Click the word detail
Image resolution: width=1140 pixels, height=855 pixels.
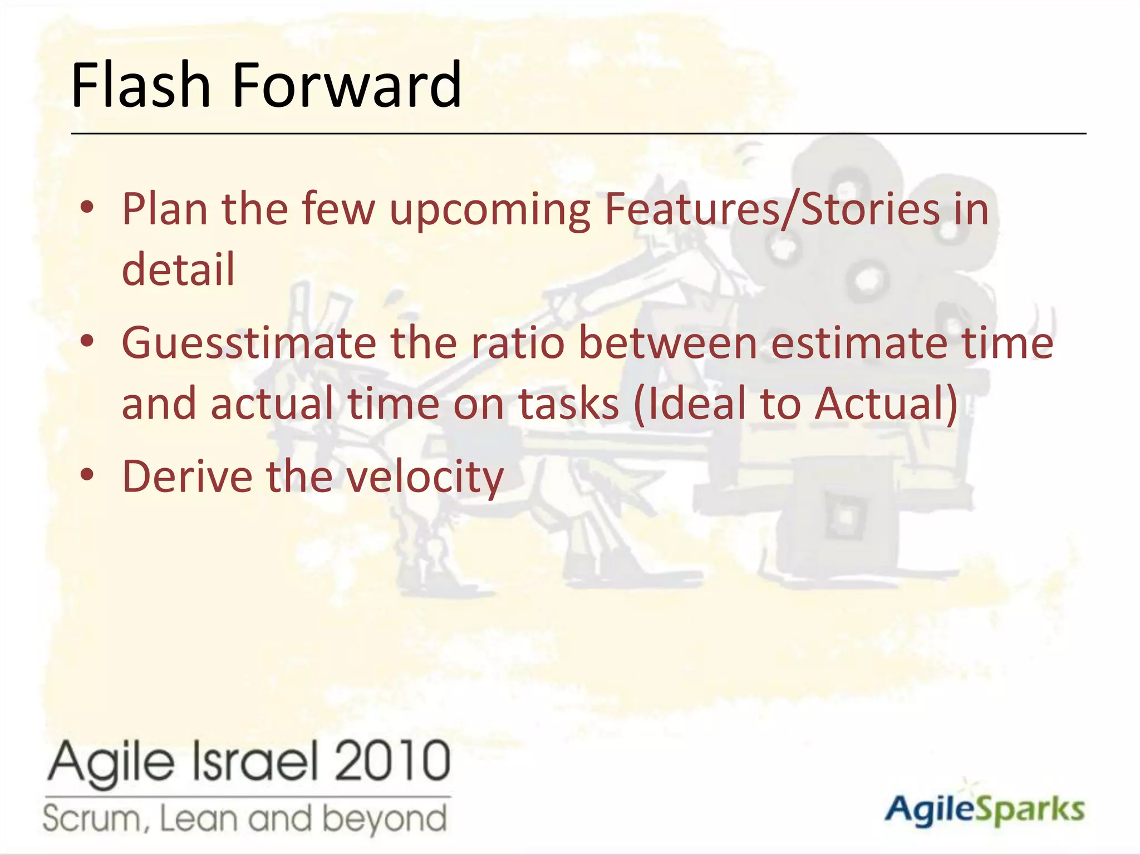(178, 269)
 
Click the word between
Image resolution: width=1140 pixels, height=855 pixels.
(667, 343)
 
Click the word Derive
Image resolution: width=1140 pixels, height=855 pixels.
(187, 476)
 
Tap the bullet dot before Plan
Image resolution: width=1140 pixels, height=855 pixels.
(87, 208)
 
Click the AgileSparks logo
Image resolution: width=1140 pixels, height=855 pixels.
(984, 809)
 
